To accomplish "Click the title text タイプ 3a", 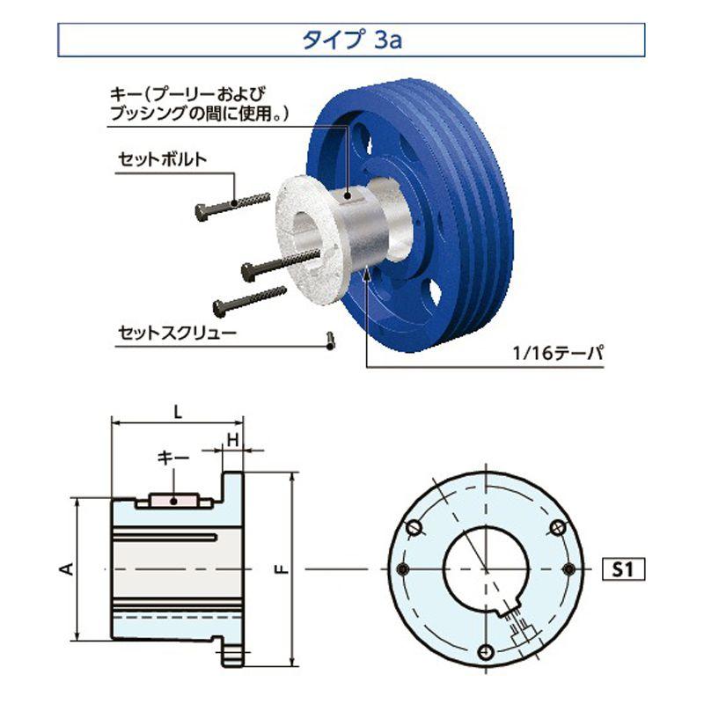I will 351,40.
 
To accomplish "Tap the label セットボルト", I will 163,160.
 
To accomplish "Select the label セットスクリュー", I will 175,334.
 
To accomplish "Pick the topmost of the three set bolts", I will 231,204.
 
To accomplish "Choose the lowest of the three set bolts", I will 249,299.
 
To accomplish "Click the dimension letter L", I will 178,411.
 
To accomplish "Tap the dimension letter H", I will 233,439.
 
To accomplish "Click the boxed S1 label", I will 623,569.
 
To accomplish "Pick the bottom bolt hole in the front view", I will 484,651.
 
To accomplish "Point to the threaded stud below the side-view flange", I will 231,653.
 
